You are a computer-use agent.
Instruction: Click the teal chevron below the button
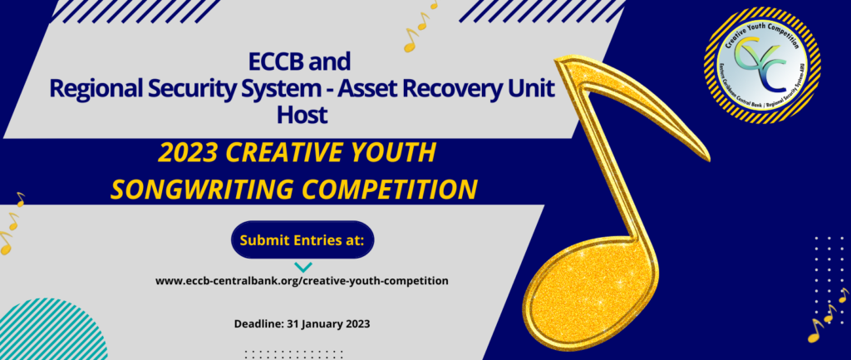coord(303,267)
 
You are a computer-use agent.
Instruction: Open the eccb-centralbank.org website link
coord(303,281)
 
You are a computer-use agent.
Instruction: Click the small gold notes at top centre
coord(420,29)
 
